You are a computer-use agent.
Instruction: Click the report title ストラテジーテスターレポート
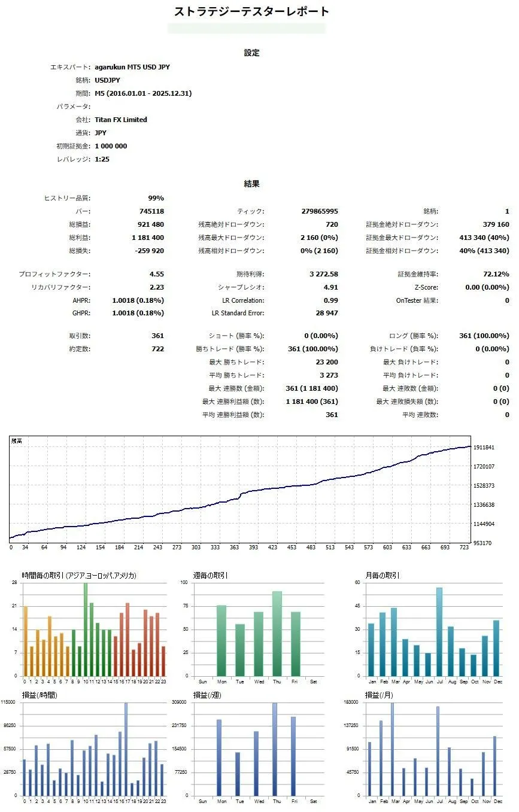(251, 11)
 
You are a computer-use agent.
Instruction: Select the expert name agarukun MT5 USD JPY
(132, 67)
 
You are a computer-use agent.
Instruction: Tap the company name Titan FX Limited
(121, 120)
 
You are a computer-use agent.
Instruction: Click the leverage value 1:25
(102, 159)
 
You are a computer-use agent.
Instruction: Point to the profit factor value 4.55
(157, 274)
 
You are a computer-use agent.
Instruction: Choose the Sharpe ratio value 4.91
(331, 287)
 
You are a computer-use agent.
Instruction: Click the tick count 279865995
(320, 211)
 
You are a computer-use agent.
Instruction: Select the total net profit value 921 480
(150, 224)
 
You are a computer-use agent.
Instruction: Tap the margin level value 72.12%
(496, 274)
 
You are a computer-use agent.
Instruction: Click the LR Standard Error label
(238, 313)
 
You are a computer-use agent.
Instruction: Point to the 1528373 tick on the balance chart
(484, 485)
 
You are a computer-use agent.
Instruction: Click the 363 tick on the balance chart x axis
(234, 547)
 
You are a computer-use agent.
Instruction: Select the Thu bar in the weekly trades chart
(277, 633)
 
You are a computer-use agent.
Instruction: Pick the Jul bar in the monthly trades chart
(439, 631)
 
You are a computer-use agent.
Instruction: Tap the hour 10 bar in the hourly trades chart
(86, 629)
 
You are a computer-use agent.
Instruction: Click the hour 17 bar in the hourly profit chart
(126, 749)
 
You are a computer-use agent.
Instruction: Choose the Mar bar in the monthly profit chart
(393, 749)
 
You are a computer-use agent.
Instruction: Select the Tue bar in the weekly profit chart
(238, 774)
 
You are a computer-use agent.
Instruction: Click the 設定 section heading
(251, 53)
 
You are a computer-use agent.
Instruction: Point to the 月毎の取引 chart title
(383, 575)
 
